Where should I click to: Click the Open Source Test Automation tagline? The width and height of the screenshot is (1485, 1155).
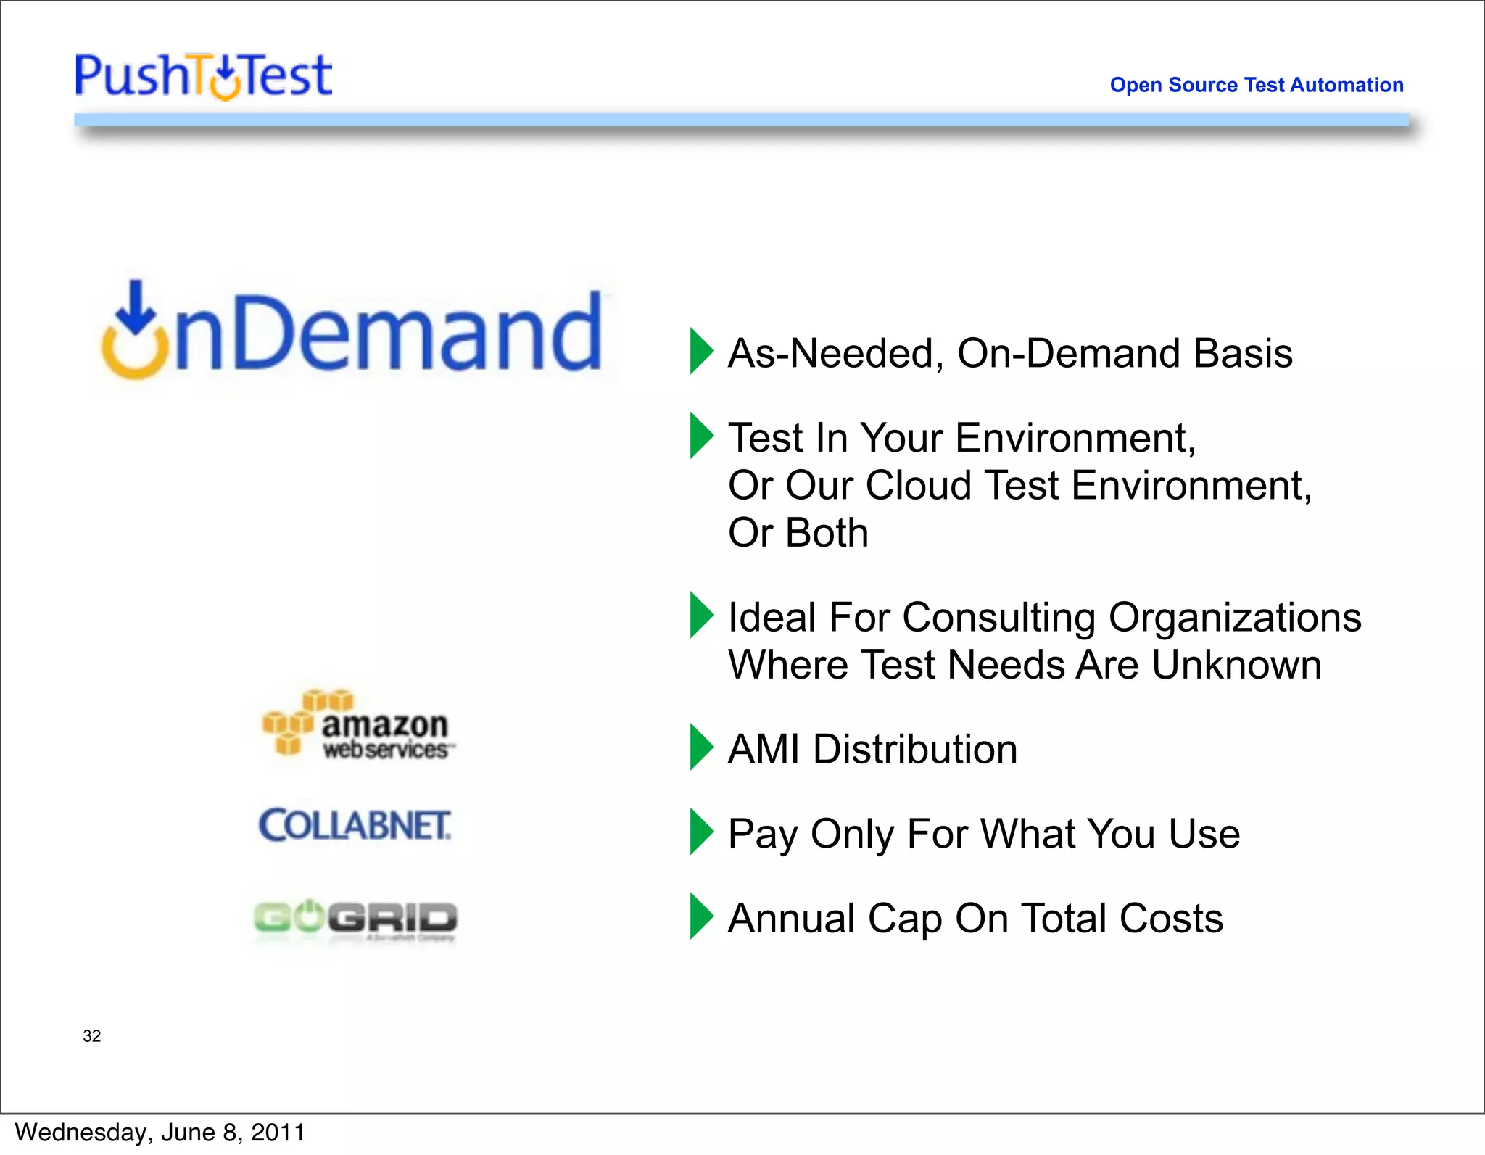(1256, 85)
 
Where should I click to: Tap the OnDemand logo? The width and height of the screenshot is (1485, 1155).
(352, 331)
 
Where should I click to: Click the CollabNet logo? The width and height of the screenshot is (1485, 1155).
(355, 825)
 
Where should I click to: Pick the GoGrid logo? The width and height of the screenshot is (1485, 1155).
(355, 918)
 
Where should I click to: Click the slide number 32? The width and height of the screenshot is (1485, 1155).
(91, 1035)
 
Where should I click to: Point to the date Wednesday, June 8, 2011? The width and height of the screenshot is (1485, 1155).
(160, 1133)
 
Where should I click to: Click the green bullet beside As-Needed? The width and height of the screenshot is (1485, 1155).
(700, 351)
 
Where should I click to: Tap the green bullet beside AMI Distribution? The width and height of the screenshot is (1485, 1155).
(700, 747)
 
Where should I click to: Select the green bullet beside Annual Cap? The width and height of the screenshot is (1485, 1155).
(700, 916)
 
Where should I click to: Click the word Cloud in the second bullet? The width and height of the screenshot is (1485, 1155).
(917, 485)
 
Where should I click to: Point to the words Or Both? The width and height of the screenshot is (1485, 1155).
(798, 533)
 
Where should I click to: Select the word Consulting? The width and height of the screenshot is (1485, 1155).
(998, 618)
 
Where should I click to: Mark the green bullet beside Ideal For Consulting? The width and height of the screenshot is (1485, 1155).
(700, 615)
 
